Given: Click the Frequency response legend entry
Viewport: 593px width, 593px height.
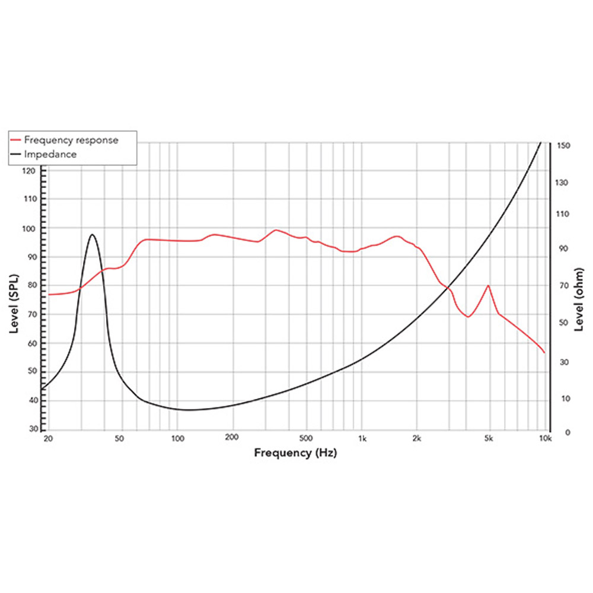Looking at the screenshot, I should pos(71,141).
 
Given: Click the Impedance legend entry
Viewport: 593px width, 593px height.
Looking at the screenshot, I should pos(50,154).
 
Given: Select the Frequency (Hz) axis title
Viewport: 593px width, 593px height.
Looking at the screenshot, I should pos(296,452).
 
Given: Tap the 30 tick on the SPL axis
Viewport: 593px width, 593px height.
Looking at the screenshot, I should pos(33,429).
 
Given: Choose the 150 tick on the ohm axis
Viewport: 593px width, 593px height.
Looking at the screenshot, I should pos(563,145).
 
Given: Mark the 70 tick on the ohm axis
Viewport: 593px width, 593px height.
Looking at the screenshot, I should pos(562,286).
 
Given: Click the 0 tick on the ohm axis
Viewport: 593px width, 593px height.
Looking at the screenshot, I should pos(559,433).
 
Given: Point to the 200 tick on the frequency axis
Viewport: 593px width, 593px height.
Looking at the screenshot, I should pos(232,439).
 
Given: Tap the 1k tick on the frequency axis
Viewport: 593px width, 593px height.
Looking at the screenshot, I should pos(362,439).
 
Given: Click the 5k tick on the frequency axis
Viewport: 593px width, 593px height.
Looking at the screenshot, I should pos(489,439).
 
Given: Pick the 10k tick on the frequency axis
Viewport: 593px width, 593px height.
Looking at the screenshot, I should pos(545,439).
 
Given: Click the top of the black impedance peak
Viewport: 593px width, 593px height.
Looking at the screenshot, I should pos(92,234).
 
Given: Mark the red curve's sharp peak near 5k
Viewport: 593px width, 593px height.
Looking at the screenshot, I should pos(488,285).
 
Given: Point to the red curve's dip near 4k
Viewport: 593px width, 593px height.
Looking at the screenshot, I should pos(468,317).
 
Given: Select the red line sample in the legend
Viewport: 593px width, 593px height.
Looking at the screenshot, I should pos(17,141).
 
